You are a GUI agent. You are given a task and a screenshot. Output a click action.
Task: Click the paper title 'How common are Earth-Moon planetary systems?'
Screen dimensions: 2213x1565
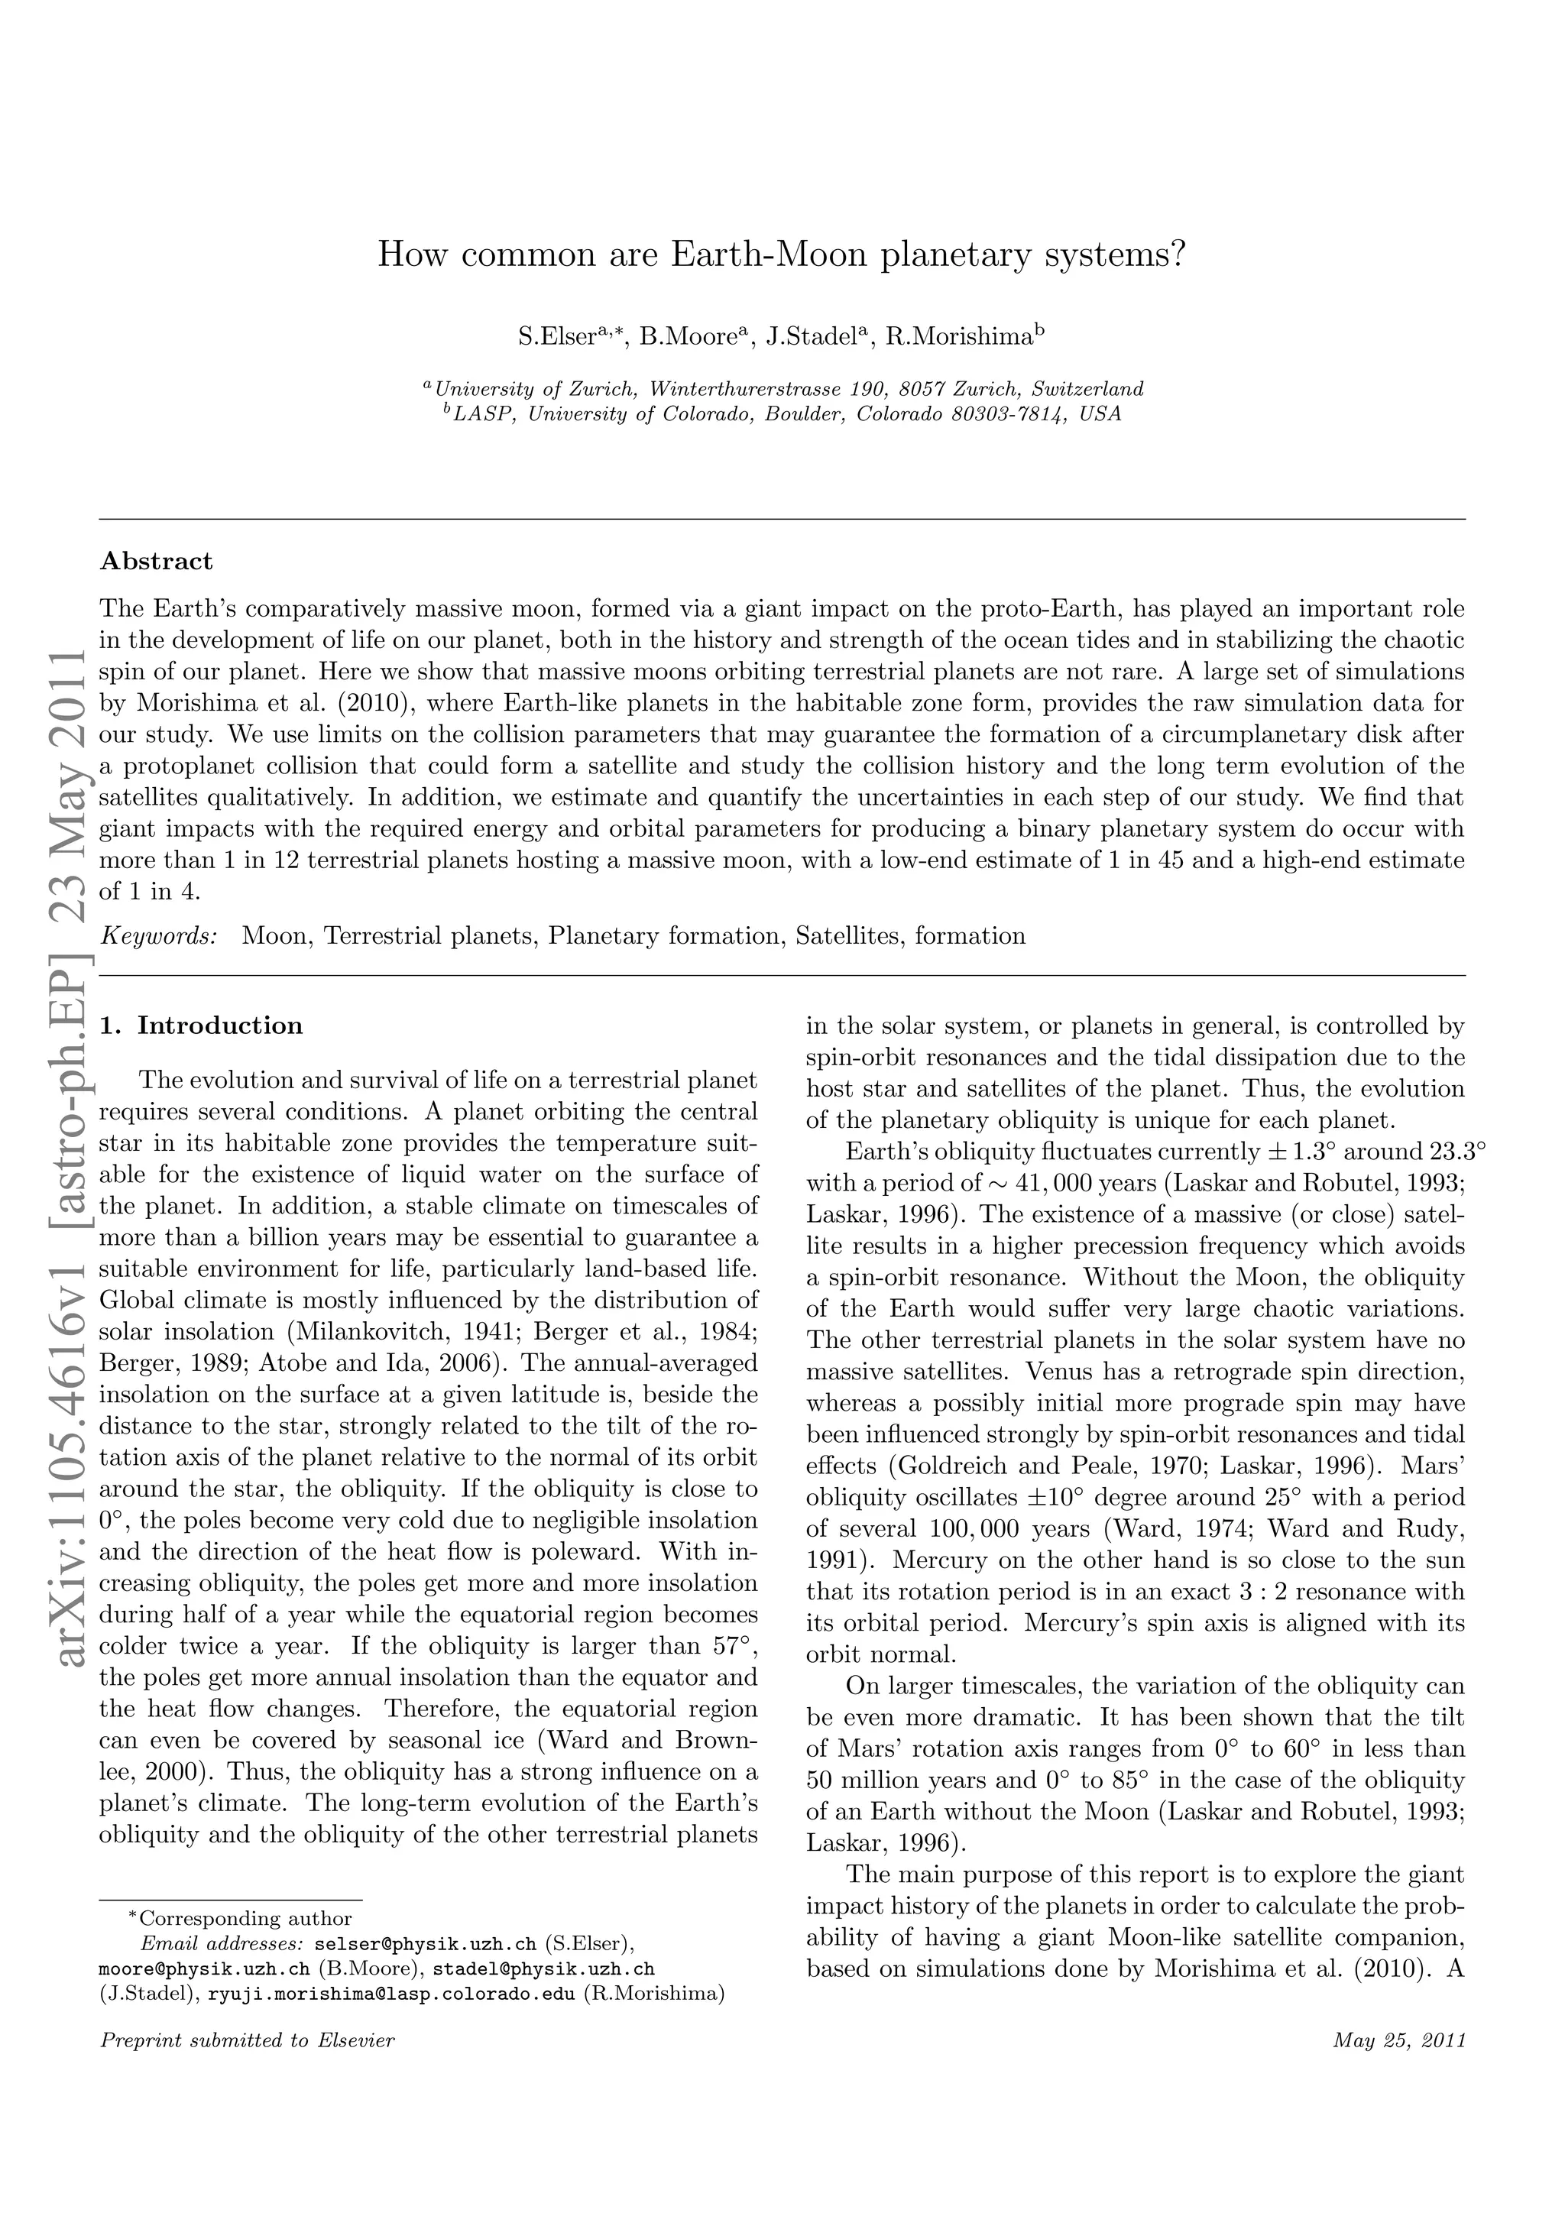pyautogui.click(x=782, y=254)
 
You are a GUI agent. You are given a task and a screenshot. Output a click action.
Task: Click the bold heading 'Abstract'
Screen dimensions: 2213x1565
pyautogui.click(x=156, y=561)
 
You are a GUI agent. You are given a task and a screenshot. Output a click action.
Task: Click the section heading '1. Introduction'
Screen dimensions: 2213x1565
pyautogui.click(x=202, y=1025)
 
